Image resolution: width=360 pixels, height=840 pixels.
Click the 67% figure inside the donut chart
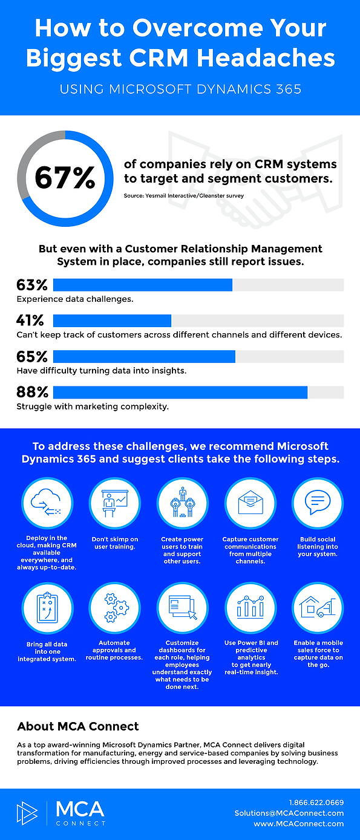coord(65,177)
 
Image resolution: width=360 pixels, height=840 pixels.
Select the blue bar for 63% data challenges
coord(143,285)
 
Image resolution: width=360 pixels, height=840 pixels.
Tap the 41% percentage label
coord(30,321)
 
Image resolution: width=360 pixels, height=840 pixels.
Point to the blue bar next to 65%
coord(145,357)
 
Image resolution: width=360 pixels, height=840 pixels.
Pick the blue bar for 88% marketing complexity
coord(180,392)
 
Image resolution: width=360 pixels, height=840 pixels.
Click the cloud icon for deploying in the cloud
coord(47,502)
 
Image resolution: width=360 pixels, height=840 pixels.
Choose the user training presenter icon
coord(115,503)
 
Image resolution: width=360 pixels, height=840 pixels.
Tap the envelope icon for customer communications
coord(250,503)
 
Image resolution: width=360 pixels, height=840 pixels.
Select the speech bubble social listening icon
coord(318,503)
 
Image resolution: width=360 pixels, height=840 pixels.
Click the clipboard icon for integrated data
coord(47,607)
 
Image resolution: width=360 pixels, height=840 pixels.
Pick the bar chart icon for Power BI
coord(250,607)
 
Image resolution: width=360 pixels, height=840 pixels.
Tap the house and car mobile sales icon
coord(317,607)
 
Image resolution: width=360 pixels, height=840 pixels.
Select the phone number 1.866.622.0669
coord(316,802)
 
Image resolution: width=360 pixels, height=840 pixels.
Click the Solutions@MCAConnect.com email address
coord(289,813)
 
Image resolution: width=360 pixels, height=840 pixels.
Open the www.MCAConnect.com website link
coord(299,824)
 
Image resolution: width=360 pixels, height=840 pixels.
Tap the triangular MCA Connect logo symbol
coord(27,813)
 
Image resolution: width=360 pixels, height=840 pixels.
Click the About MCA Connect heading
coord(78,726)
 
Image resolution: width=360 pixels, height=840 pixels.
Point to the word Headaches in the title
coord(266,58)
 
